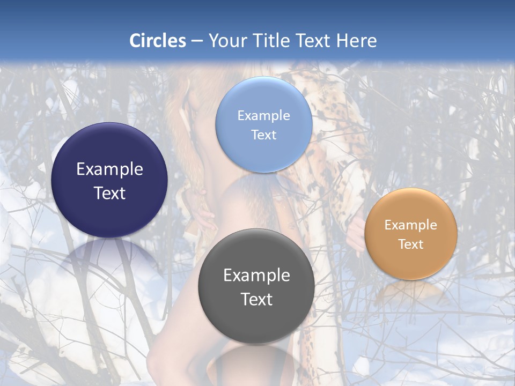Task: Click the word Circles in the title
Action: click(x=157, y=41)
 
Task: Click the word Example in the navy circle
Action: click(x=109, y=169)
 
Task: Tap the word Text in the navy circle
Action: click(x=109, y=193)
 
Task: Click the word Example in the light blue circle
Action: click(x=263, y=115)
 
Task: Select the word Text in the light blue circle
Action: click(x=263, y=135)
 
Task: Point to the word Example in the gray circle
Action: click(x=256, y=275)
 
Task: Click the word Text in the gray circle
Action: click(x=256, y=299)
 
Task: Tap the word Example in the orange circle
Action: click(x=411, y=225)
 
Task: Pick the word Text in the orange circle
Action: click(x=411, y=244)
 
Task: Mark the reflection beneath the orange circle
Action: click(x=411, y=292)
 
